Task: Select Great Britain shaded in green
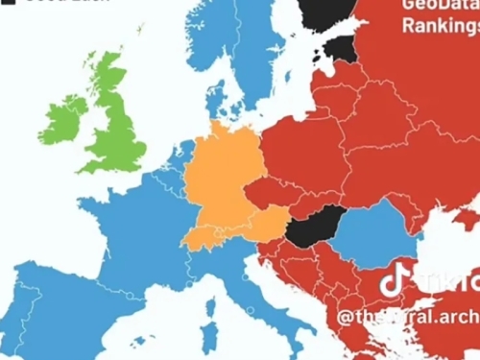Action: coord(115,125)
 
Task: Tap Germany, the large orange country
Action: coord(221,173)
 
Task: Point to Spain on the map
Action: coord(58,307)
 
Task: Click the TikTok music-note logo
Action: coord(395,280)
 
